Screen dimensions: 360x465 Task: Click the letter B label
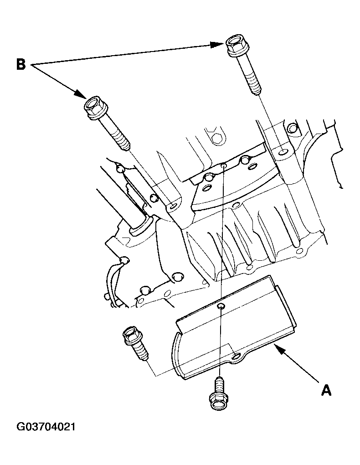pyautogui.click(x=21, y=64)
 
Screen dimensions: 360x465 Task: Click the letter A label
pyautogui.click(x=326, y=390)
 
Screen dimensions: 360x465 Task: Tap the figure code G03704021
pyautogui.click(x=46, y=427)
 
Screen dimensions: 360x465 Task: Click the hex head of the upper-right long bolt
pyautogui.click(x=236, y=46)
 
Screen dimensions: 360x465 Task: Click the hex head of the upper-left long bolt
pyautogui.click(x=95, y=107)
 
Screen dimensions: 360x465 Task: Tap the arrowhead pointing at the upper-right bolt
pyautogui.click(x=217, y=45)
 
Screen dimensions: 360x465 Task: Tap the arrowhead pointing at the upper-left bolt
pyautogui.click(x=80, y=94)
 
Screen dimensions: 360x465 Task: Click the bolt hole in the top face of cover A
pyautogui.click(x=220, y=305)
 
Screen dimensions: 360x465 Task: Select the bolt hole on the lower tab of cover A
pyautogui.click(x=236, y=356)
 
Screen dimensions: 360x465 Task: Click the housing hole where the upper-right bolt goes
pyautogui.click(x=283, y=152)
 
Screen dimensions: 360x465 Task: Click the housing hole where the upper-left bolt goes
pyautogui.click(x=173, y=206)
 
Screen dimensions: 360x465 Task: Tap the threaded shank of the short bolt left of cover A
pyautogui.click(x=141, y=351)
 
